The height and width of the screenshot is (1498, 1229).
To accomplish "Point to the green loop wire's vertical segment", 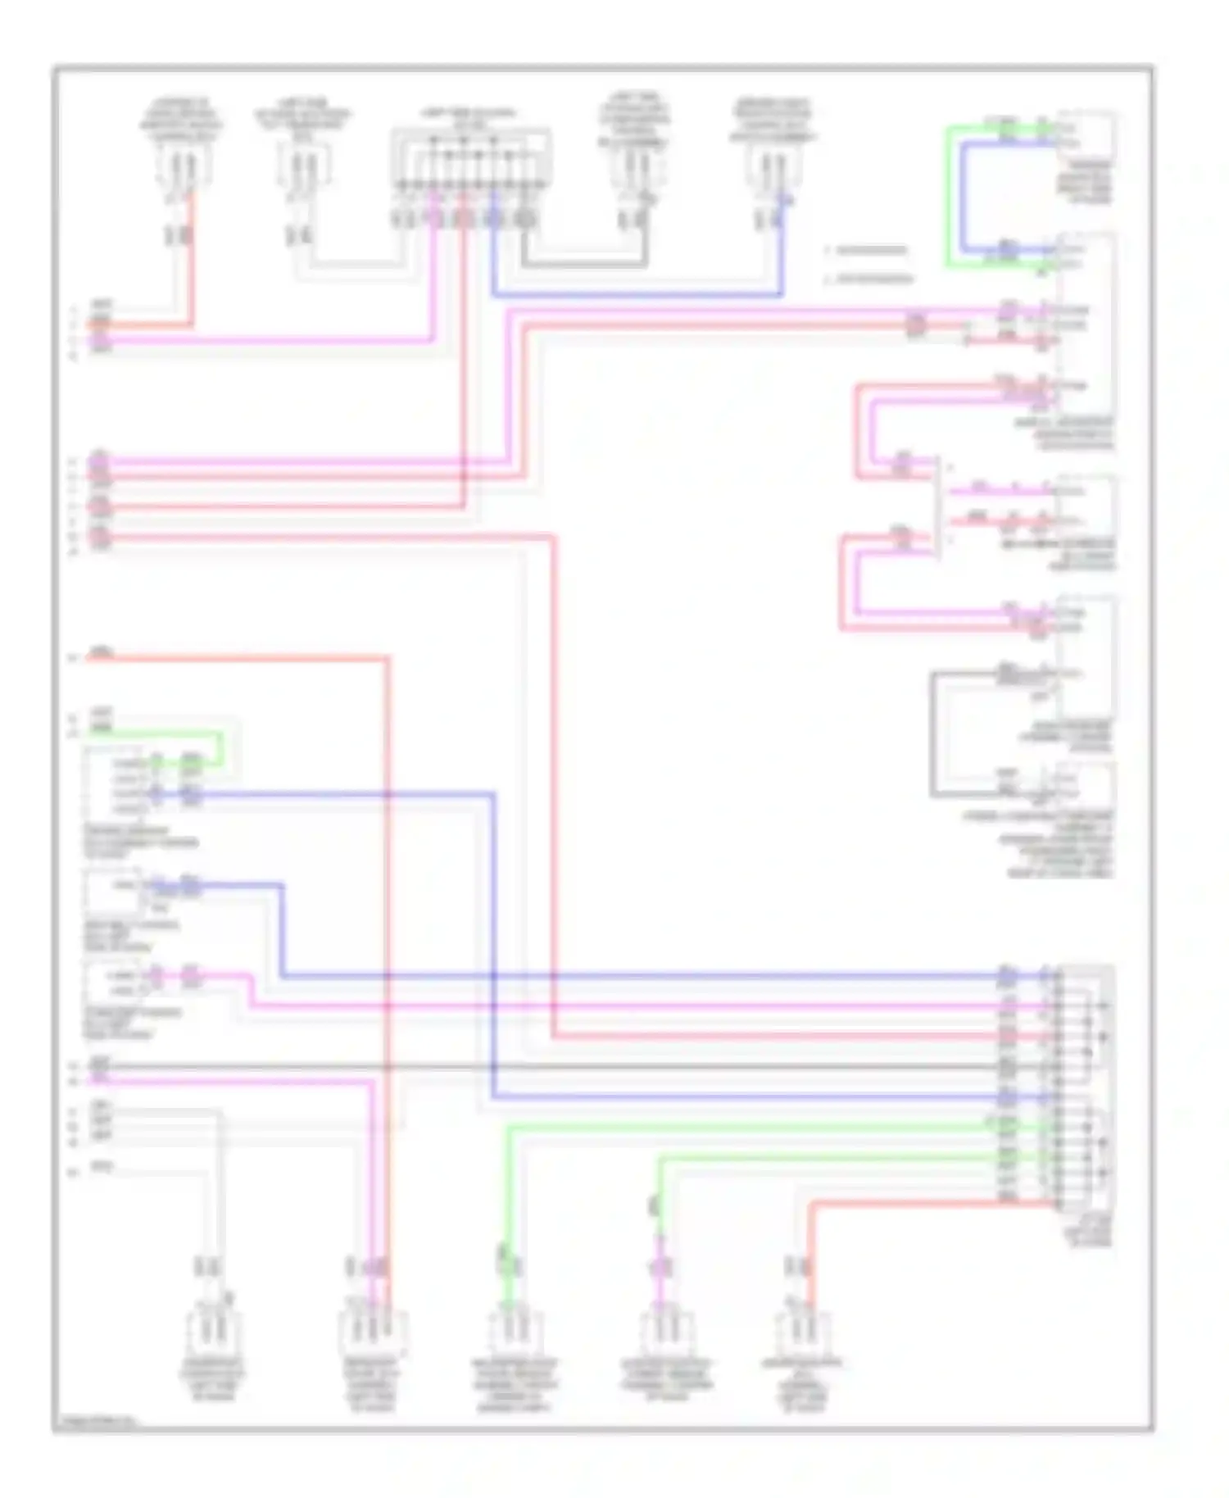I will click(949, 197).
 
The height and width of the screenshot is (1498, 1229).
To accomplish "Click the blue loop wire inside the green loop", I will click(964, 197).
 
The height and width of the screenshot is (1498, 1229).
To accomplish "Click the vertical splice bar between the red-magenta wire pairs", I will click(937, 508).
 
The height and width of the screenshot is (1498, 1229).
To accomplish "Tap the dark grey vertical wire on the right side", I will click(932, 733).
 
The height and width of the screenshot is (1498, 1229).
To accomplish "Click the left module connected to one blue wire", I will click(113, 893).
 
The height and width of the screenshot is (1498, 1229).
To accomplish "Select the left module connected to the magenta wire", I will click(113, 983).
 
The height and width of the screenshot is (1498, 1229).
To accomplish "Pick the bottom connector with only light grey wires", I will click(211, 1332).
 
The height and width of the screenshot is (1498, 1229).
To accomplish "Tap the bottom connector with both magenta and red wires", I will click(373, 1332).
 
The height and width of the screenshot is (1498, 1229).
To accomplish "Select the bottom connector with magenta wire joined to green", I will click(665, 1332).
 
